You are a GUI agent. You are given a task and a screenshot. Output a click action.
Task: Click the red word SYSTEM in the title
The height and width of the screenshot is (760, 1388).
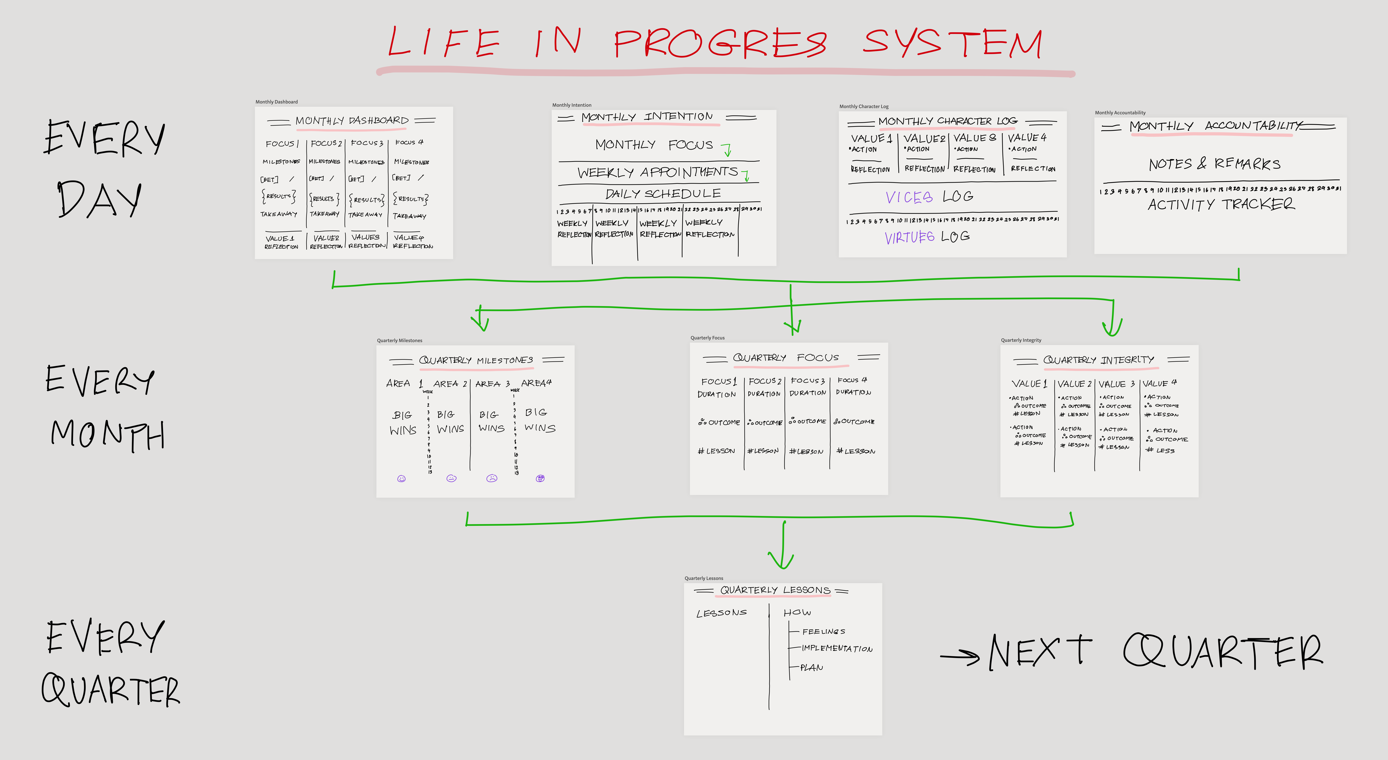pos(953,43)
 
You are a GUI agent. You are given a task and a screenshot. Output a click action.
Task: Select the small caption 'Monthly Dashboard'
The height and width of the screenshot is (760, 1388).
pos(276,102)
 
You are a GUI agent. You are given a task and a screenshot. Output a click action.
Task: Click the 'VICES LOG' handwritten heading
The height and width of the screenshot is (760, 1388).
pos(929,197)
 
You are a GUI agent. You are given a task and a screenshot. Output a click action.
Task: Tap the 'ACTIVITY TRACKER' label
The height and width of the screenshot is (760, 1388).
pos(1221,204)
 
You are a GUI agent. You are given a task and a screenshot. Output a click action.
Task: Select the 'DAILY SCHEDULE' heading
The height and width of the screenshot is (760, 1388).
pos(663,193)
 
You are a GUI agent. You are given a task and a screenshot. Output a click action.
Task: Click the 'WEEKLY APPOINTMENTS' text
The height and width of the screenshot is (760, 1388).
pos(657,172)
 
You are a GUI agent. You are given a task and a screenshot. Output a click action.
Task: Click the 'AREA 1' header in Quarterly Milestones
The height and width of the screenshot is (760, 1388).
pos(404,383)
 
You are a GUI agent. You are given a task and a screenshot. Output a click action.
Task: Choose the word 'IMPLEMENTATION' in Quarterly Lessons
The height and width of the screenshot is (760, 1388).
pos(837,648)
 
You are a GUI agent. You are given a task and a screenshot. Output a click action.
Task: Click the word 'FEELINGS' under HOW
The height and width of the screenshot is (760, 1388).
pos(823,631)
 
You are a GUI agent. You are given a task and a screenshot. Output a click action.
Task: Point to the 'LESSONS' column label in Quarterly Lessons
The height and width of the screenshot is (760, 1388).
pos(722,613)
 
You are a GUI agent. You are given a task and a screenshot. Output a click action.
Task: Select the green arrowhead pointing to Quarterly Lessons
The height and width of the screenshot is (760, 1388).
pos(782,561)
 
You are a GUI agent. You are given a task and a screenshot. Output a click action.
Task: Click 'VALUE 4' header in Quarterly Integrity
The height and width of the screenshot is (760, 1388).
pos(1159,383)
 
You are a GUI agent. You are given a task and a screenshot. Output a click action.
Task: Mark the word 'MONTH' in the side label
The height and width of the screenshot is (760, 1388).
pos(108,434)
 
